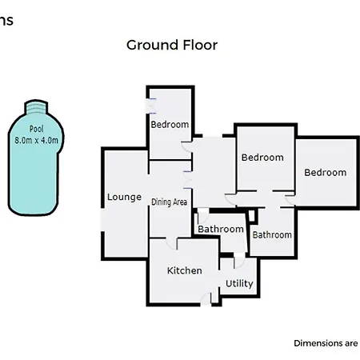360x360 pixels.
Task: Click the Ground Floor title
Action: [172, 45]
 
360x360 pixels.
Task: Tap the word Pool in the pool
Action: [36, 129]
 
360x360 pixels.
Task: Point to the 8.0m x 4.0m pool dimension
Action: [36, 140]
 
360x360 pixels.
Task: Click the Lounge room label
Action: [124, 197]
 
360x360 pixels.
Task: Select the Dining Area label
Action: [169, 202]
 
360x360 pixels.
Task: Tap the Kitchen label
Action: [184, 270]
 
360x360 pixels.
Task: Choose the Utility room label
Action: [239, 283]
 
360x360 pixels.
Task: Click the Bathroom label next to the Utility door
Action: [221, 229]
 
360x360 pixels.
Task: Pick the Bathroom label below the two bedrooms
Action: [272, 235]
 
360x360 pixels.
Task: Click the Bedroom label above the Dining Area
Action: [170, 125]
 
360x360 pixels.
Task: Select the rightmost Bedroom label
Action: [326, 173]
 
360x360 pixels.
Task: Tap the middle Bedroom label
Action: [262, 158]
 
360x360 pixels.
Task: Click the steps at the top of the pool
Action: [36, 108]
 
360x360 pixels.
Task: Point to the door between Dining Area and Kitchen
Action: [171, 243]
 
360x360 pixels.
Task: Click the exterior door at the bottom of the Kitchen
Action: [206, 299]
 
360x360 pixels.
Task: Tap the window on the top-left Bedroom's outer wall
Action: [151, 106]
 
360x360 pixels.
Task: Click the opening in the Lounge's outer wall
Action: [102, 220]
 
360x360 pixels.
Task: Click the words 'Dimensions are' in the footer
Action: [326, 343]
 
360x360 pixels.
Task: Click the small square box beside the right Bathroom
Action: [252, 216]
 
